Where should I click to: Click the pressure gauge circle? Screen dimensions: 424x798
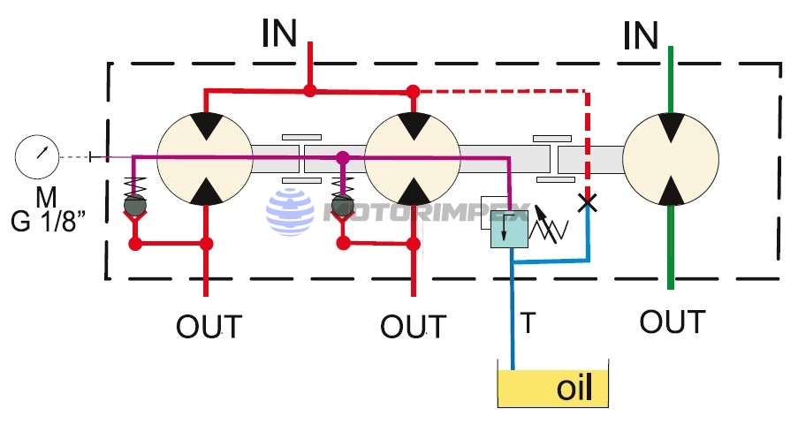pyautogui.click(x=36, y=157)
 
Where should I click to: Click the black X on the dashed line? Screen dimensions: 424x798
pyautogui.click(x=585, y=202)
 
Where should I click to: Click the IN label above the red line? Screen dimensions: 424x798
pyautogui.click(x=280, y=34)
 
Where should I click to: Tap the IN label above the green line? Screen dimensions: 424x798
pyautogui.click(x=641, y=35)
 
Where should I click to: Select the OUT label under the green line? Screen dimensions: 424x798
pyautogui.click(x=673, y=322)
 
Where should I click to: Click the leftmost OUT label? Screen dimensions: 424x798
pyautogui.click(x=209, y=327)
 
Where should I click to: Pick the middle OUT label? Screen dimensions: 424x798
pyautogui.click(x=413, y=327)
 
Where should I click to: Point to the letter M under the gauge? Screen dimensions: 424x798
pyautogui.click(x=46, y=195)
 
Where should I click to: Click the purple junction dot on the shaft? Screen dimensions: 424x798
pyautogui.click(x=343, y=158)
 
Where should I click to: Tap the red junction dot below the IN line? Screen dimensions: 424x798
pyautogui.click(x=309, y=90)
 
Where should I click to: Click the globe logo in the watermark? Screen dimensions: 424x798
pyautogui.click(x=291, y=213)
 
